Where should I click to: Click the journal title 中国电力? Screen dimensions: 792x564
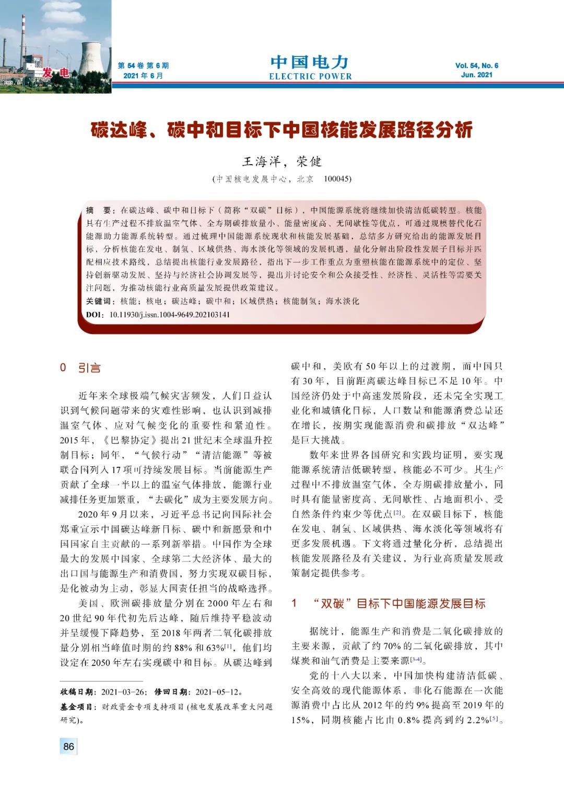point(309,62)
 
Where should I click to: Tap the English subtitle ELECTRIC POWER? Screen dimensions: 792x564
point(310,76)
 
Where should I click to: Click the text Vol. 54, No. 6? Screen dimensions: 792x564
point(476,65)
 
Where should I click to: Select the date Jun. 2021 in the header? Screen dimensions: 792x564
point(476,75)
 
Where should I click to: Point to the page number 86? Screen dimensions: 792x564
point(68,747)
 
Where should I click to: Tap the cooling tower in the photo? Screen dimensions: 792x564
point(92,58)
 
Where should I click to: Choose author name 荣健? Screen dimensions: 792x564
point(309,162)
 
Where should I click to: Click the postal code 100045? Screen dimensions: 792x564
point(337,179)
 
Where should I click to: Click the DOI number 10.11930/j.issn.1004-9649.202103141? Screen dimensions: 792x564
point(169,315)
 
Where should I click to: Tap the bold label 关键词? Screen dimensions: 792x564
point(99,301)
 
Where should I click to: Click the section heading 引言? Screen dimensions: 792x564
point(89,368)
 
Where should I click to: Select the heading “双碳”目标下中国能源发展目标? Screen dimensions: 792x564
point(399,604)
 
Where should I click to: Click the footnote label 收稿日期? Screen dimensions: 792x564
point(78,692)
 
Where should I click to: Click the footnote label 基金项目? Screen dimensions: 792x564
point(78,707)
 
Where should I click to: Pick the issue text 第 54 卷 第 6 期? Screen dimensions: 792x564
point(143,66)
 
